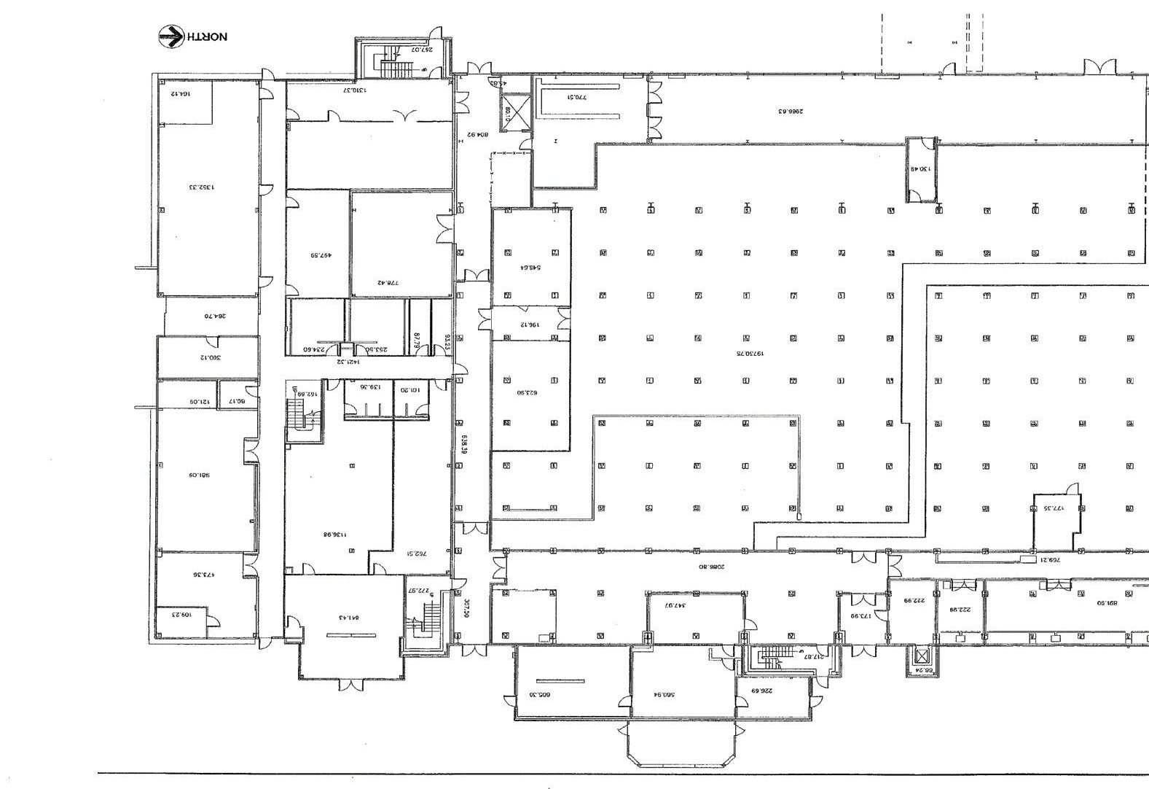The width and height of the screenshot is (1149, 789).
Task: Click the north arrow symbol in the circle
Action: [x=171, y=36]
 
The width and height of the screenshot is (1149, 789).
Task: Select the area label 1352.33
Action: [x=202, y=187]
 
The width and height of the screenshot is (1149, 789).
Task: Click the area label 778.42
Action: [x=387, y=283]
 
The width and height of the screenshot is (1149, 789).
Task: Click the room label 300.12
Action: [x=209, y=357]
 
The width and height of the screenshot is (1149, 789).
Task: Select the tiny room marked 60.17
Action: [x=238, y=401]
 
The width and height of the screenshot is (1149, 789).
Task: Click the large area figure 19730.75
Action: [x=748, y=354]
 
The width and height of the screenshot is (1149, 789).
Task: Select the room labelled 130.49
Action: [x=920, y=170]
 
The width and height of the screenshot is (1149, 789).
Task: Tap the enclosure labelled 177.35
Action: [x=1054, y=508]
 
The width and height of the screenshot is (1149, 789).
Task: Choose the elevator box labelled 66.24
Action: [x=922, y=662]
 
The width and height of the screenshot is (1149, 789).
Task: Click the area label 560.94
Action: [x=664, y=695]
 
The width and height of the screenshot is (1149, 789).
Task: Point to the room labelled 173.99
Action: [x=860, y=616]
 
